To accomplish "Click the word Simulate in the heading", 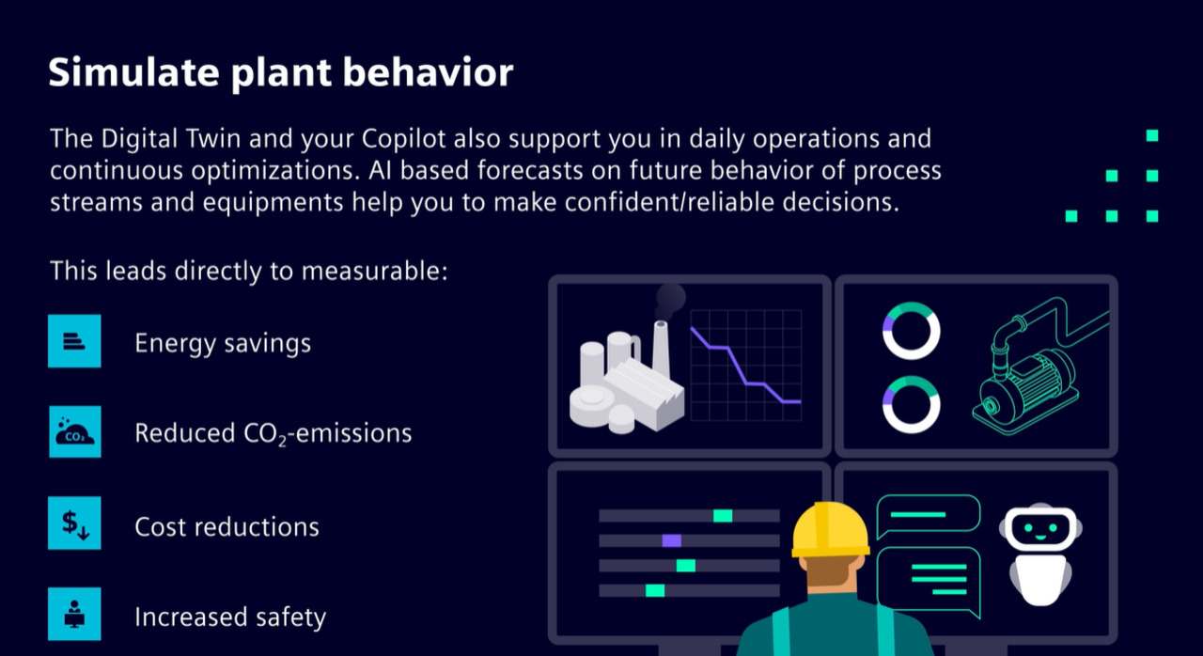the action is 133,72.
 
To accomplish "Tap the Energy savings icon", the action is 74,341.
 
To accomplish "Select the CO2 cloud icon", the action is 74,431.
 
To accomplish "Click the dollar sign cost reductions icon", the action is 74,523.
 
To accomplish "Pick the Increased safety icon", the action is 74,614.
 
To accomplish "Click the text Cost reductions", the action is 227,526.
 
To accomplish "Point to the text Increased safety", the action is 230,617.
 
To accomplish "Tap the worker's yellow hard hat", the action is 830,530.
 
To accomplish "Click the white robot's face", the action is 1040,528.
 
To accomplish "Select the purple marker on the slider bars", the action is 671,540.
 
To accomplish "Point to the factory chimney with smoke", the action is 661,349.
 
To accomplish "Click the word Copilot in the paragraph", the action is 403,138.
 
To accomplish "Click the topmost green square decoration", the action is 1152,135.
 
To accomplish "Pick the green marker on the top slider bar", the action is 723,516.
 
